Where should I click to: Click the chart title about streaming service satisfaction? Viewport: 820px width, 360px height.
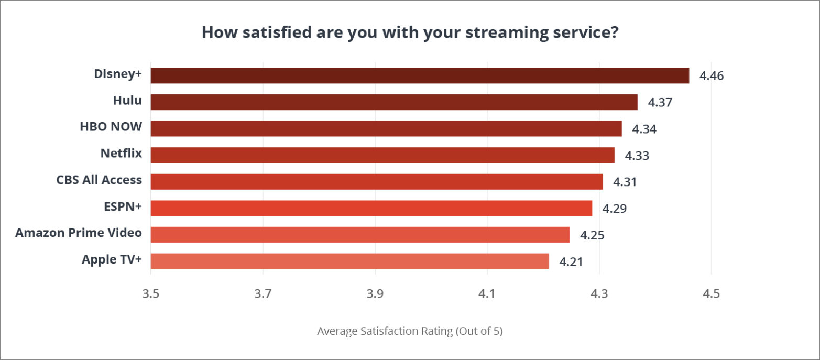[410, 32]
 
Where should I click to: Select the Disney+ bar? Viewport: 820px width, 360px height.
[420, 75]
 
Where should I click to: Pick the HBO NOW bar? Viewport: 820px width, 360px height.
[386, 128]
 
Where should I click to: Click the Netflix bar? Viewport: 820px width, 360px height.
[382, 155]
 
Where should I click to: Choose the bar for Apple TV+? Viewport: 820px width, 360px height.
[349, 261]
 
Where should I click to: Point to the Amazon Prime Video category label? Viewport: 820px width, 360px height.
[79, 232]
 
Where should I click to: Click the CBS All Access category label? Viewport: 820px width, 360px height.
[99, 180]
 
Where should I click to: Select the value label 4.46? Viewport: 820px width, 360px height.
[712, 76]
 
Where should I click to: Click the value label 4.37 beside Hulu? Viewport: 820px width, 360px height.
[660, 102]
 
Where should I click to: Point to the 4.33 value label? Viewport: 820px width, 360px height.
[637, 156]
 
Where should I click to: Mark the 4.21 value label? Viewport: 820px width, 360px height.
[571, 261]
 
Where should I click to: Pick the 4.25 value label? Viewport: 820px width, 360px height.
[592, 235]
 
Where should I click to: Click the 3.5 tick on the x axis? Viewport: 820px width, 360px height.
[151, 293]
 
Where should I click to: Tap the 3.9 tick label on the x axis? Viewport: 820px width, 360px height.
[375, 293]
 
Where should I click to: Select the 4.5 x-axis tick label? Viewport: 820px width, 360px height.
[711, 293]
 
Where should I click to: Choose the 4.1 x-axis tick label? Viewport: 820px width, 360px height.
[487, 293]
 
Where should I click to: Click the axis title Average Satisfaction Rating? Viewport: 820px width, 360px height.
[410, 331]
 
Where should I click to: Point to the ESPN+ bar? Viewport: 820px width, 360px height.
[371, 208]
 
